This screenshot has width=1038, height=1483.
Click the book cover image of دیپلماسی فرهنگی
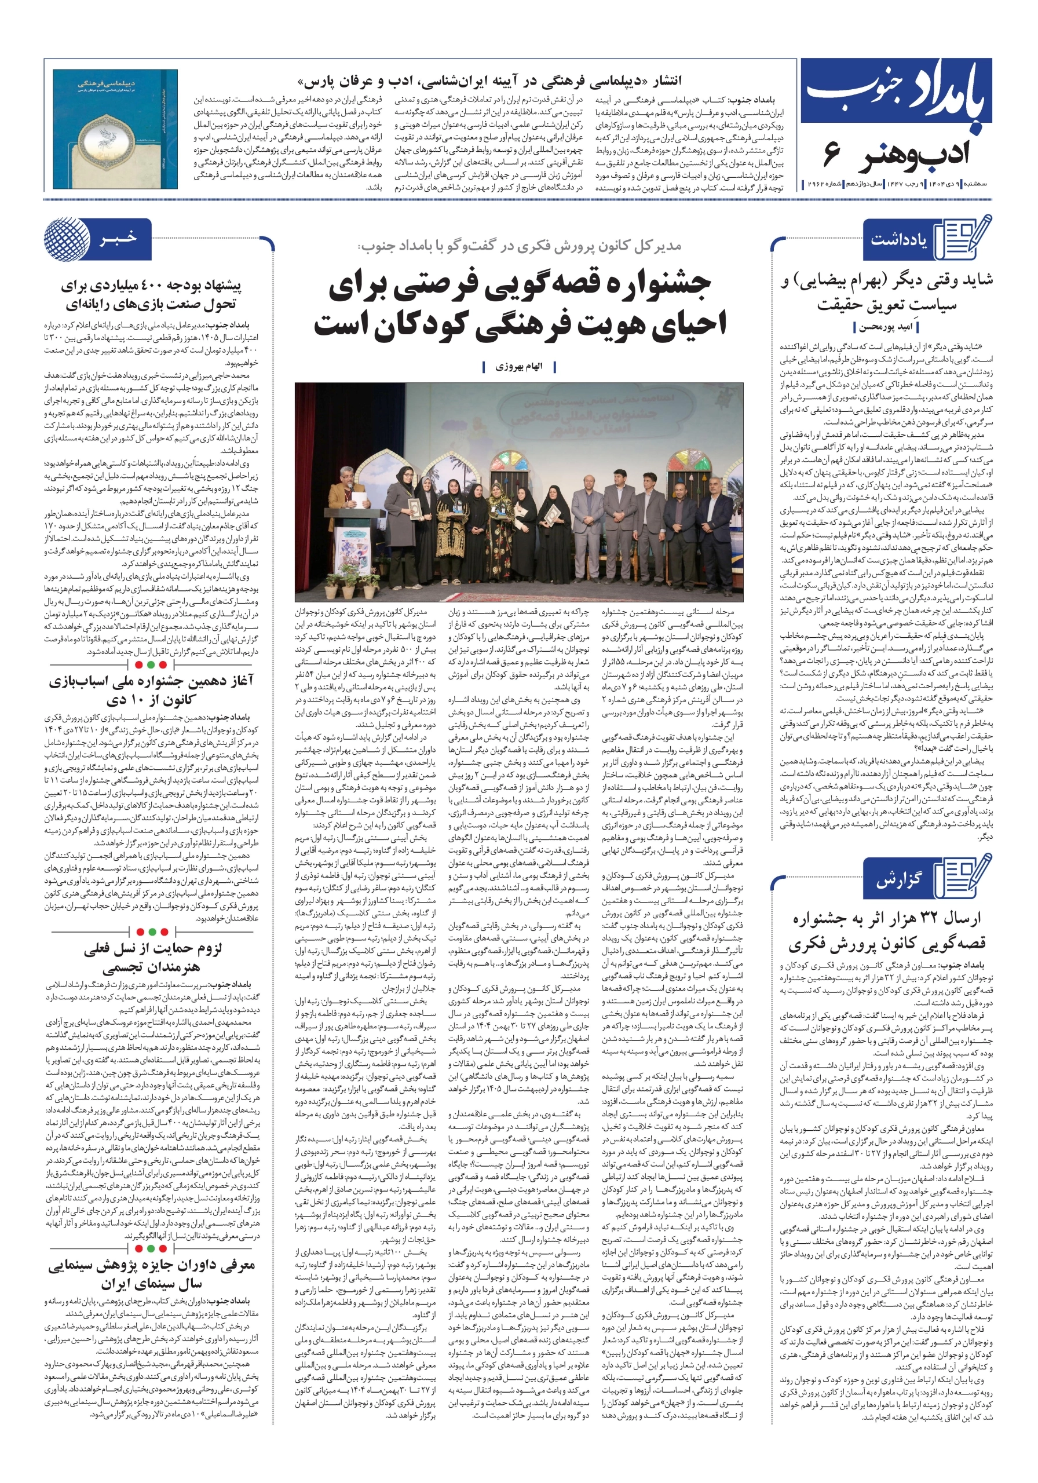tap(115, 129)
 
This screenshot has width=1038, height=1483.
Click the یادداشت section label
tap(898, 240)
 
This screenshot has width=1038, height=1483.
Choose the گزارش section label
tap(898, 881)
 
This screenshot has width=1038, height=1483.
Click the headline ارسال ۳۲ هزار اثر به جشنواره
tap(886, 930)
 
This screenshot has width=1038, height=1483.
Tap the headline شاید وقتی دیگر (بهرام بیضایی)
tap(886, 292)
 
